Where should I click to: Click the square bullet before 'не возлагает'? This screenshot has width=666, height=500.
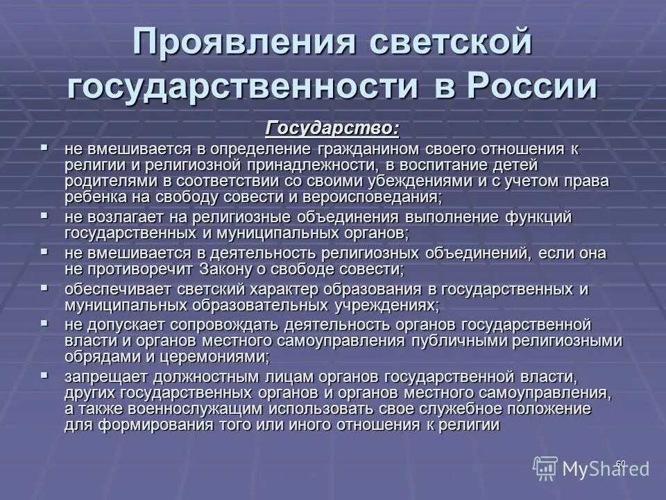tap(45, 216)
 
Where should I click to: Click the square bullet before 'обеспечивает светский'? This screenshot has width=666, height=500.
tap(45, 287)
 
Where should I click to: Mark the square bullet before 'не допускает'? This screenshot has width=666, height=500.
tap(45, 323)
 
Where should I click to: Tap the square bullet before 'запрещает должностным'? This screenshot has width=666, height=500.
tap(45, 375)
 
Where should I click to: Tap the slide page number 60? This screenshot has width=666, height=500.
tap(620, 463)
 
